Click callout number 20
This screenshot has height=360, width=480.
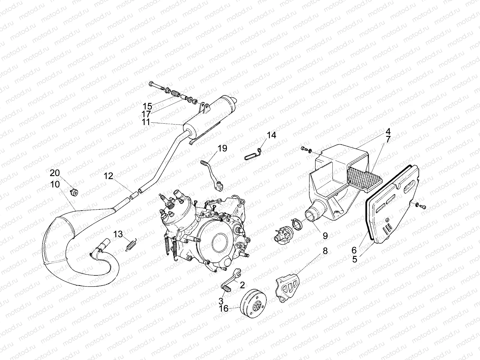55,173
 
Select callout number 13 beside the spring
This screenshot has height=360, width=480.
118,234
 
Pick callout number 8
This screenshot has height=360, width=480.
325,251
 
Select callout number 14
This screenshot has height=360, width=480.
271,136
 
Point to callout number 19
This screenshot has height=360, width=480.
222,148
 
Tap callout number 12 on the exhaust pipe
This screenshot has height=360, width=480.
109,176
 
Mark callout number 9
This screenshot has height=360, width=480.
325,236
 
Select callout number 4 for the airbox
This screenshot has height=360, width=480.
388,131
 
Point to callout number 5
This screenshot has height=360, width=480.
355,259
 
